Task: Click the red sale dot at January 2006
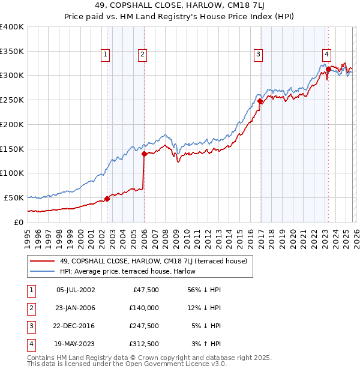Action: pyautogui.click(x=144, y=154)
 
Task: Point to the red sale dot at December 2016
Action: pyautogui.click(x=260, y=101)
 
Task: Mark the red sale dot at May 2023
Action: pyautogui.click(x=328, y=70)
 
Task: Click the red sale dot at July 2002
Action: pyautogui.click(x=107, y=199)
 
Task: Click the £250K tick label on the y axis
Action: pyautogui.click(x=11, y=100)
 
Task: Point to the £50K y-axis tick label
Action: pyautogui.click(x=14, y=197)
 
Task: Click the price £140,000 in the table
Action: pyautogui.click(x=143, y=307)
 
